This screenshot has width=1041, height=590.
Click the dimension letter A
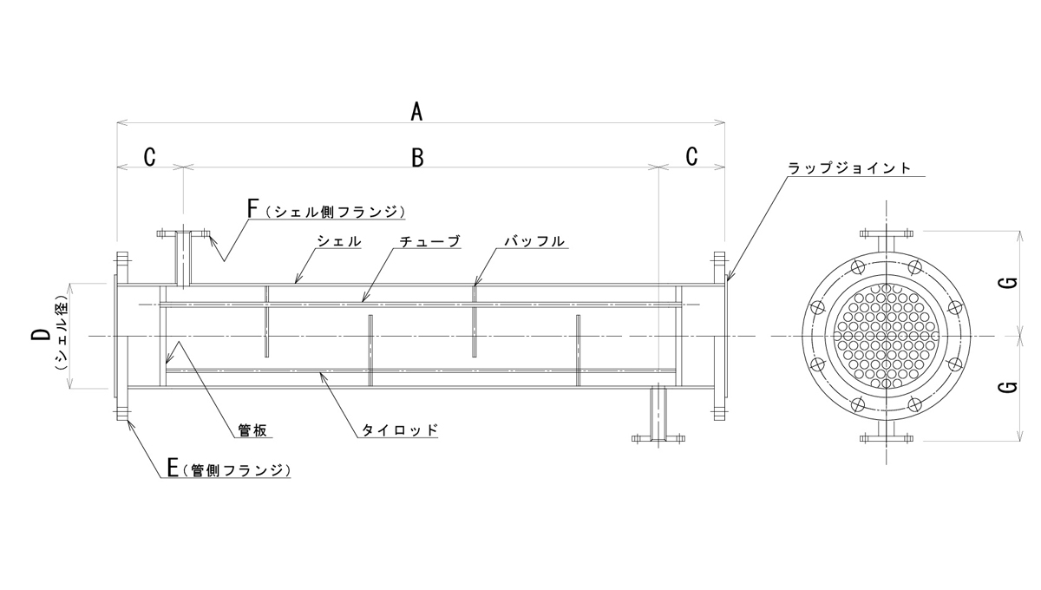click(417, 111)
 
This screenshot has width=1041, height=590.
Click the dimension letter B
click(417, 157)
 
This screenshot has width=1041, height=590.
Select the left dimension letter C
click(149, 157)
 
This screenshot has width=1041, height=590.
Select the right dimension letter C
click(691, 157)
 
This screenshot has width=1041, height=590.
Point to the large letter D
click(41, 336)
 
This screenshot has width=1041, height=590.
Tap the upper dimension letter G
click(1008, 284)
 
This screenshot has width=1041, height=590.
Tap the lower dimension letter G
click(1008, 387)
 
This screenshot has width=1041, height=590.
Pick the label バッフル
click(535, 241)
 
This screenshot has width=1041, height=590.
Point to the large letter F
click(253, 209)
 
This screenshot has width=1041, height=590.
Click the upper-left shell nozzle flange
click(184, 233)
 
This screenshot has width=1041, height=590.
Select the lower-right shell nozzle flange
click(659, 439)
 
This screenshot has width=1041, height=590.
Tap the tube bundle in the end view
click(886, 336)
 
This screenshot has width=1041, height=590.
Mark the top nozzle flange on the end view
click(886, 233)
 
